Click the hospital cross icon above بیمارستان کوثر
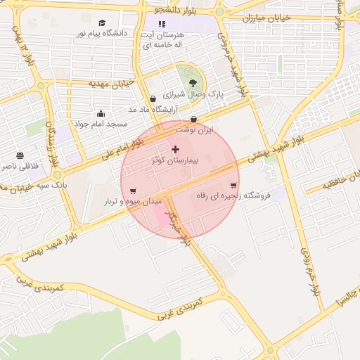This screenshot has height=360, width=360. point(175,149)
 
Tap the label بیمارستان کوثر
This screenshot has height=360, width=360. point(175,161)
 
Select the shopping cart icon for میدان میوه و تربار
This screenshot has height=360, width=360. point(133,191)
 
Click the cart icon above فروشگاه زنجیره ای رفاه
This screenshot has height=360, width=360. point(233,186)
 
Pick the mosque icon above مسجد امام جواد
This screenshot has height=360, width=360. point(101,113)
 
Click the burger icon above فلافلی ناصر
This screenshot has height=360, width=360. point(20,155)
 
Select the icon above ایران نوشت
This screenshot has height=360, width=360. point(193,119)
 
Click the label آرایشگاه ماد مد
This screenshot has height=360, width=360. point(150,110)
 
